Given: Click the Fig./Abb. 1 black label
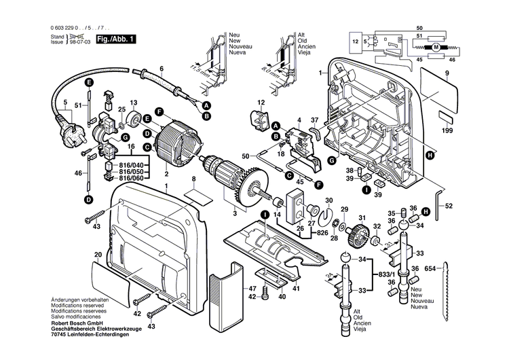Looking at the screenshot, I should (116, 39).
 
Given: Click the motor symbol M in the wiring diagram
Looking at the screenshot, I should (437, 46).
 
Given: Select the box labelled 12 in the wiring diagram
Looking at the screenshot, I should (355, 42).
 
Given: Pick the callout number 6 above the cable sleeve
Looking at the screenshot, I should (162, 69).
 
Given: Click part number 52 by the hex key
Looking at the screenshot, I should (449, 206).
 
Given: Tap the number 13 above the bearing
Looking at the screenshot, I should (133, 103).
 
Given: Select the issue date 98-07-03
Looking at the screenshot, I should (81, 41).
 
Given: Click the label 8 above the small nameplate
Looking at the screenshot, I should (193, 179).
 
